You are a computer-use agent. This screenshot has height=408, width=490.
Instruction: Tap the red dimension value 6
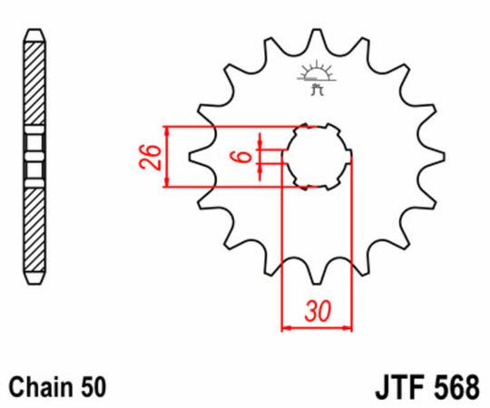241,156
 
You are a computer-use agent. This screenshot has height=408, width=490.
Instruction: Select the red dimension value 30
317,313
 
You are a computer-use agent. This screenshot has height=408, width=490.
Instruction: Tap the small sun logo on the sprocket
316,78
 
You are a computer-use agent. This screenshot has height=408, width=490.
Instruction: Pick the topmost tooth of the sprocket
317,36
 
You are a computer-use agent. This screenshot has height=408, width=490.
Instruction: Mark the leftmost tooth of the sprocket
196,156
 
